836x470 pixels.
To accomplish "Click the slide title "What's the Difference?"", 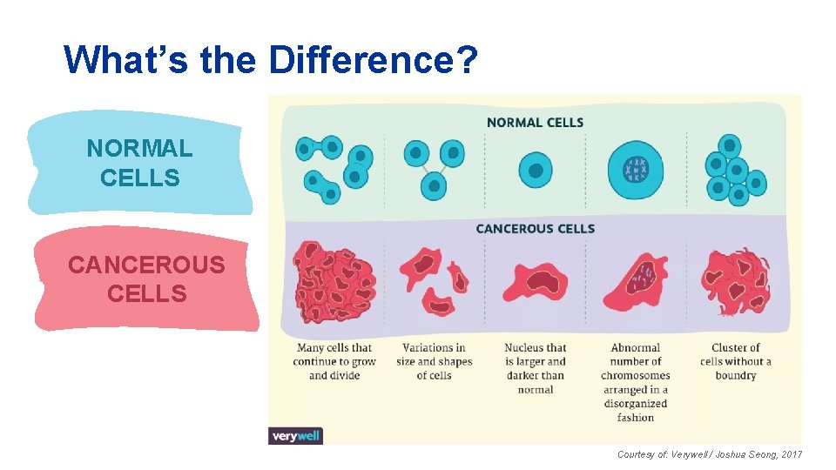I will click(271, 60).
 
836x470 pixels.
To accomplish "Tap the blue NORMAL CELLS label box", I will click(139, 163).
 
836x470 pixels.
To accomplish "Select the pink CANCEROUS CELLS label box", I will click(146, 279).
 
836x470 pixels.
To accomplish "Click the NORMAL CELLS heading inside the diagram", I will click(535, 123).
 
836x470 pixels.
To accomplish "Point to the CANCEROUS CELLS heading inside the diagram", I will click(535, 229).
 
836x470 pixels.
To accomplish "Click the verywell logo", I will click(295, 436).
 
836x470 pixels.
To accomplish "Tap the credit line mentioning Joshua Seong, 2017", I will click(709, 454).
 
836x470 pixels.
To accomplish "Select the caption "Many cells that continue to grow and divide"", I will click(334, 362).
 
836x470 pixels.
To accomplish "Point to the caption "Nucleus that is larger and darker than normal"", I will click(535, 368).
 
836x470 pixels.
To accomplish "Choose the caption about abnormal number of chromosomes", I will click(635, 382).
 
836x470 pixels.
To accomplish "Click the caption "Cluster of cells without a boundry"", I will click(735, 362).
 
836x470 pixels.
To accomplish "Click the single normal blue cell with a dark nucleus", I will click(535, 171).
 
